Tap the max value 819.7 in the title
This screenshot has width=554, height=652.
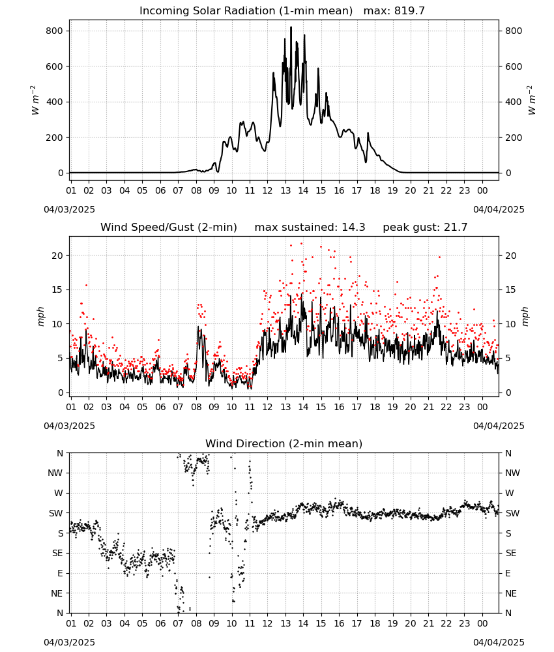click(x=409, y=10)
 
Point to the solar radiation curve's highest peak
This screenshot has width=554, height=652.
click(x=291, y=27)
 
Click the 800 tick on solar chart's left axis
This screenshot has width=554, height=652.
click(x=55, y=31)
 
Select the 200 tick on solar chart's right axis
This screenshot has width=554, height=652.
click(x=514, y=138)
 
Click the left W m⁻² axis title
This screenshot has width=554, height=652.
click(x=35, y=100)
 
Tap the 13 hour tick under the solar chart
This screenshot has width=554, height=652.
click(x=285, y=190)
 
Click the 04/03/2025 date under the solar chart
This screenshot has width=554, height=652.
click(x=69, y=209)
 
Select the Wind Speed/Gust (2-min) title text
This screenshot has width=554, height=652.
click(x=169, y=228)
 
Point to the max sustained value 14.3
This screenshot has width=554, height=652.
click(x=354, y=228)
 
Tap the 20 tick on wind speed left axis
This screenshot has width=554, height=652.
click(x=57, y=256)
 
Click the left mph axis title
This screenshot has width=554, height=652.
click(x=40, y=316)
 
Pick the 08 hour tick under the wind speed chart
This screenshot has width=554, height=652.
click(x=196, y=407)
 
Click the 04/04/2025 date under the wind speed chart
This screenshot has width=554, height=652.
click(x=499, y=426)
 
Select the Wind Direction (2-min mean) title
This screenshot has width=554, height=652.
click(x=284, y=443)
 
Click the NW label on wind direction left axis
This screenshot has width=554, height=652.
click(x=55, y=473)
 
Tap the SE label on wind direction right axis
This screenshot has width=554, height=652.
click(x=511, y=554)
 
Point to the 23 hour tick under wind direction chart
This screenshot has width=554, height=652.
click(x=464, y=623)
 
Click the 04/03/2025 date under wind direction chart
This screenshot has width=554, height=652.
click(x=69, y=642)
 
